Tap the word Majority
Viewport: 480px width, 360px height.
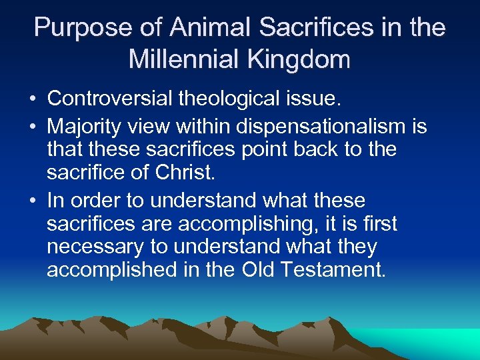(85, 126)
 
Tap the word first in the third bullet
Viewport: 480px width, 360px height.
(379, 223)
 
